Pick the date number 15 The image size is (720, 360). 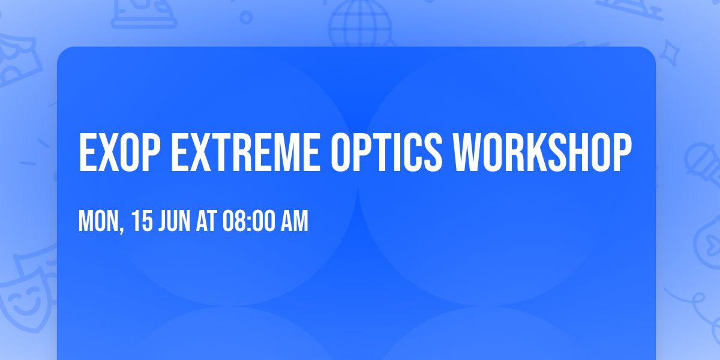[143, 221]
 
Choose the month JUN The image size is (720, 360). [175, 221]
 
